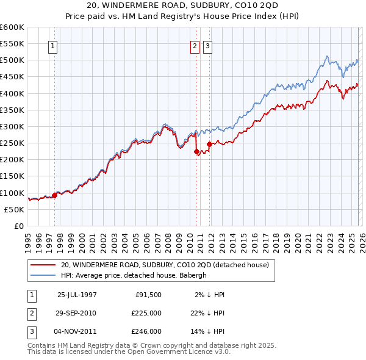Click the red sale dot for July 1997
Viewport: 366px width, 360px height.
coord(54,195)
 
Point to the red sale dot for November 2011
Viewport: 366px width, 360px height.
coord(209,144)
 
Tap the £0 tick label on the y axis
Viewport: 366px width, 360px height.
coord(18,226)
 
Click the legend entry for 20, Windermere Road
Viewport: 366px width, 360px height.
coord(168,265)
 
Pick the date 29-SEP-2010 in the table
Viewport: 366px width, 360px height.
coord(76,313)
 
